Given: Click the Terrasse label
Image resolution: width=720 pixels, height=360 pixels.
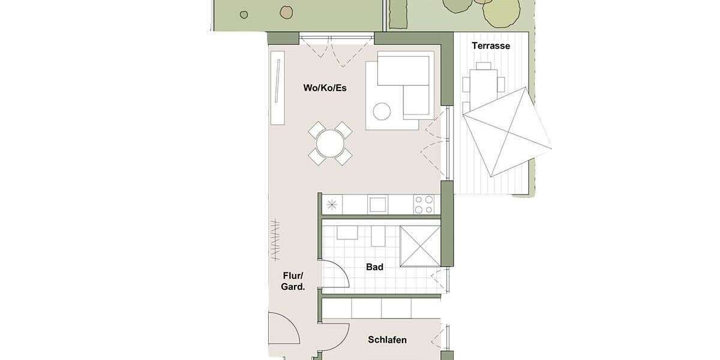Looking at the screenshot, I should coord(490,46).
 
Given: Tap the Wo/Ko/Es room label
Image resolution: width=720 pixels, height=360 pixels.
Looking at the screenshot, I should coord(325,88).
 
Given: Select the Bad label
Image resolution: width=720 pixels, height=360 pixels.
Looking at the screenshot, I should coord(374,267).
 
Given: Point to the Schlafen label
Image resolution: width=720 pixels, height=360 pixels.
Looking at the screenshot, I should coord(386,340).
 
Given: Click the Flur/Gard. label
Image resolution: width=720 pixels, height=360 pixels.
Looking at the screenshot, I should coord(293,281).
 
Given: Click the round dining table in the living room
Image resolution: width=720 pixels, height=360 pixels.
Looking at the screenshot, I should coord(331,143).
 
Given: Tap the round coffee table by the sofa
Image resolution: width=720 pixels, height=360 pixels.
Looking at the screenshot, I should coord(382,111).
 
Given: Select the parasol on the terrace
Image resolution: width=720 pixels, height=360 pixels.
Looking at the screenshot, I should coord(506,132).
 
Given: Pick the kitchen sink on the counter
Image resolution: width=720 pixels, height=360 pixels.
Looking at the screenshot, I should coord(378,204).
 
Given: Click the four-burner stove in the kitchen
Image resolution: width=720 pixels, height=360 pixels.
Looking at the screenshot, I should coord(424,204).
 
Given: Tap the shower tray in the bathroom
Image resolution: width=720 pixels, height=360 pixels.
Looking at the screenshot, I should coord(419,246).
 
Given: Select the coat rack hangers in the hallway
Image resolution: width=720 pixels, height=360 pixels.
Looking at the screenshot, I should coord(274,241).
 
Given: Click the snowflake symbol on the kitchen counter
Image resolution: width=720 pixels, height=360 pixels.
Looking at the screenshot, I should coord(332,204).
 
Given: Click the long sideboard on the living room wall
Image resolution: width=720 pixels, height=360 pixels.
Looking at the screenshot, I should coord(277,88).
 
